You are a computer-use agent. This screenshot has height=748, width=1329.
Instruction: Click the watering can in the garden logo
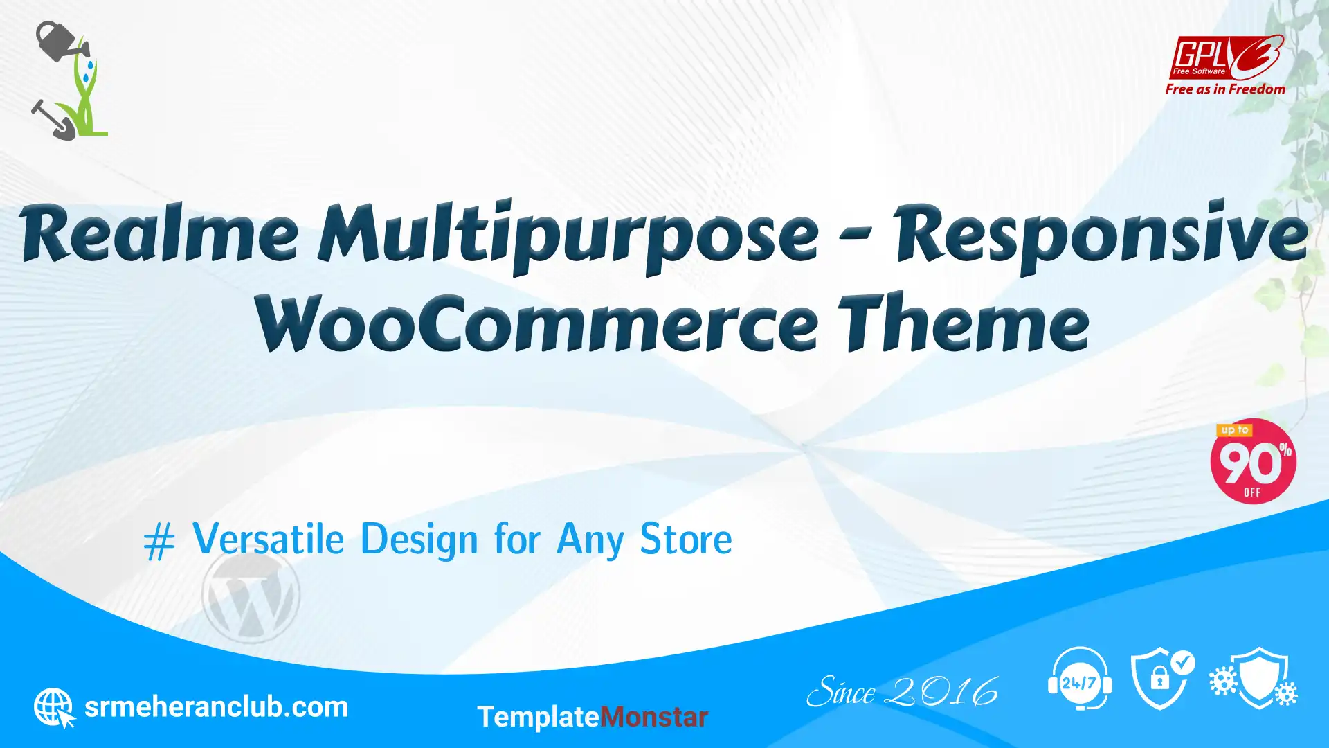click(61, 41)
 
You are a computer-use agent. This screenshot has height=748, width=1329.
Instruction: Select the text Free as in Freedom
click(1225, 89)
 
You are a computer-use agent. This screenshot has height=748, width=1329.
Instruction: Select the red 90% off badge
click(1253, 461)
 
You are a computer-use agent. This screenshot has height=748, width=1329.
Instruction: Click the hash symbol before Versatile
click(159, 542)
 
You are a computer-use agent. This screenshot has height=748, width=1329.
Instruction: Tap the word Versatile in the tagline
click(268, 539)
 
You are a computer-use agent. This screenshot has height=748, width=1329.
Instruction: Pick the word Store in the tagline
click(685, 539)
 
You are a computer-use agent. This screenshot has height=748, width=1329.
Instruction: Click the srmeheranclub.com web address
click(216, 707)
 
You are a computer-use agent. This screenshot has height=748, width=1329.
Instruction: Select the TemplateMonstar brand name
click(593, 718)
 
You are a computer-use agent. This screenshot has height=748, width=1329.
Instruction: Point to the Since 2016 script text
click(903, 691)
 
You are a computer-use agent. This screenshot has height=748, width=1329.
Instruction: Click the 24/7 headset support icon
click(1080, 679)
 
